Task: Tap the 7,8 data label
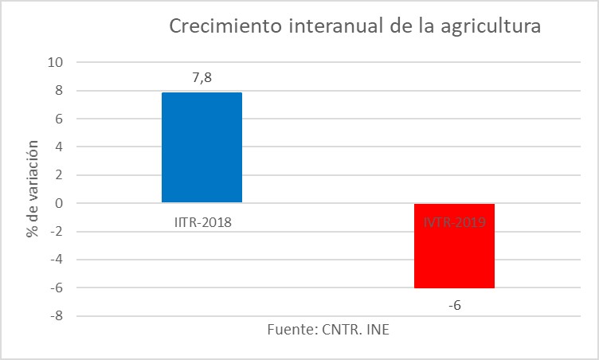(x=202, y=78)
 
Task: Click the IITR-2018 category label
(x=202, y=222)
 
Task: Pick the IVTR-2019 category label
(x=454, y=222)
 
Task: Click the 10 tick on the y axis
(x=58, y=62)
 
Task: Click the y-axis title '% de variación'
(x=32, y=189)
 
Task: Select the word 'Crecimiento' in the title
(x=220, y=26)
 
